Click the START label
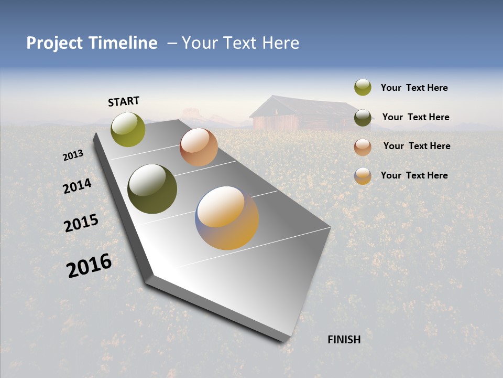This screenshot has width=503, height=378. (x=124, y=101)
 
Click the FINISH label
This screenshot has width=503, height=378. (x=344, y=340)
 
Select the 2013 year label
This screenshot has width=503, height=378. (x=73, y=155)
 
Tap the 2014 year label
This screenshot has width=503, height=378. (x=77, y=186)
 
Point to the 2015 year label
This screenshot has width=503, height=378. (x=81, y=223)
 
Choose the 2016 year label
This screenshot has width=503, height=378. (x=89, y=266)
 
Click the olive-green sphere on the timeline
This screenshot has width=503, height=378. (x=128, y=129)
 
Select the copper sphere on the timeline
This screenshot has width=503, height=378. (x=199, y=147)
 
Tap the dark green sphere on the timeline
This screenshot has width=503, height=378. (x=152, y=189)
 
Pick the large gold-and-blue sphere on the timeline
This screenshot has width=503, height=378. (x=227, y=218)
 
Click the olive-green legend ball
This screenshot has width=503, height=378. (x=363, y=88)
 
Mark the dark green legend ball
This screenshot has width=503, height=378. (x=363, y=118)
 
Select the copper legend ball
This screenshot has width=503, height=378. (x=363, y=146)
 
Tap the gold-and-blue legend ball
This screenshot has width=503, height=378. (x=363, y=176)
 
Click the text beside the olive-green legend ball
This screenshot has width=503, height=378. (x=414, y=88)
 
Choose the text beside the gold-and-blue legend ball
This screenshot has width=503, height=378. (x=414, y=175)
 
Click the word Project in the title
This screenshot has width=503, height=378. (x=54, y=43)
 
